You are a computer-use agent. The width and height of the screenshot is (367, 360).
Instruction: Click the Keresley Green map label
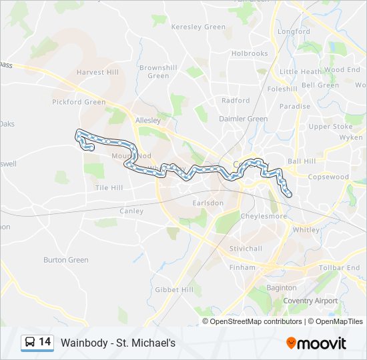coord(199,27)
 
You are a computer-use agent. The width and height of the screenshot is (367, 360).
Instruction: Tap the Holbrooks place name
coord(249,53)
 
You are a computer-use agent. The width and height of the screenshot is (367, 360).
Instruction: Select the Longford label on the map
coord(294,31)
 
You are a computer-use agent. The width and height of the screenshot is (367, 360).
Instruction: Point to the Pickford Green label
coord(79,102)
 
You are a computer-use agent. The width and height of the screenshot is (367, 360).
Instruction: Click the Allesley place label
coord(148,121)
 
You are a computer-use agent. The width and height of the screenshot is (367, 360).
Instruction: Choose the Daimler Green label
coord(244,119)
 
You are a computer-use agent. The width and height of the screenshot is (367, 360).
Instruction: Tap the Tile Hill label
coord(109,188)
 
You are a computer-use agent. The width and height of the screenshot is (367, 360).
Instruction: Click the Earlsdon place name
coord(208,203)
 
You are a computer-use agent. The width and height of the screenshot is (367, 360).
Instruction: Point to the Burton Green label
coord(66,260)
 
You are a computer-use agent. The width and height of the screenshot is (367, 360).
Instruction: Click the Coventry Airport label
coord(310,301)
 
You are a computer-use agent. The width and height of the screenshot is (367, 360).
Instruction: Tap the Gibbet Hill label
coord(174,289)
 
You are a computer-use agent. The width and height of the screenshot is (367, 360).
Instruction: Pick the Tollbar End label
coord(340,267)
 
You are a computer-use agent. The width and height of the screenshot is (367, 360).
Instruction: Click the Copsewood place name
coord(328,177)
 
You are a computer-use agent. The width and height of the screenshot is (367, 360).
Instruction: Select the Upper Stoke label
coord(330,126)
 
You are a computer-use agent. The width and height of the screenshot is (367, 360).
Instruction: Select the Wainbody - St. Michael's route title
coord(117,343)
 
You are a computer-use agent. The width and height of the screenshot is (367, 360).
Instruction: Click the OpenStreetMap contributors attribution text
coord(256,321)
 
